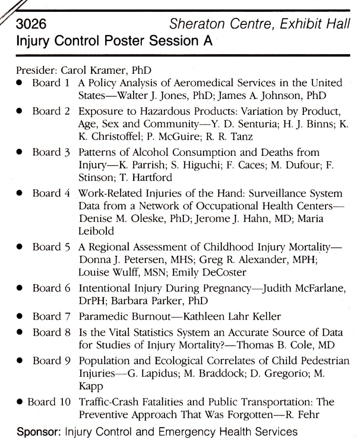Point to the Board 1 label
coord(51,83)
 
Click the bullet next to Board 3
coord(20,153)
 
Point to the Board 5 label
coord(51,248)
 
